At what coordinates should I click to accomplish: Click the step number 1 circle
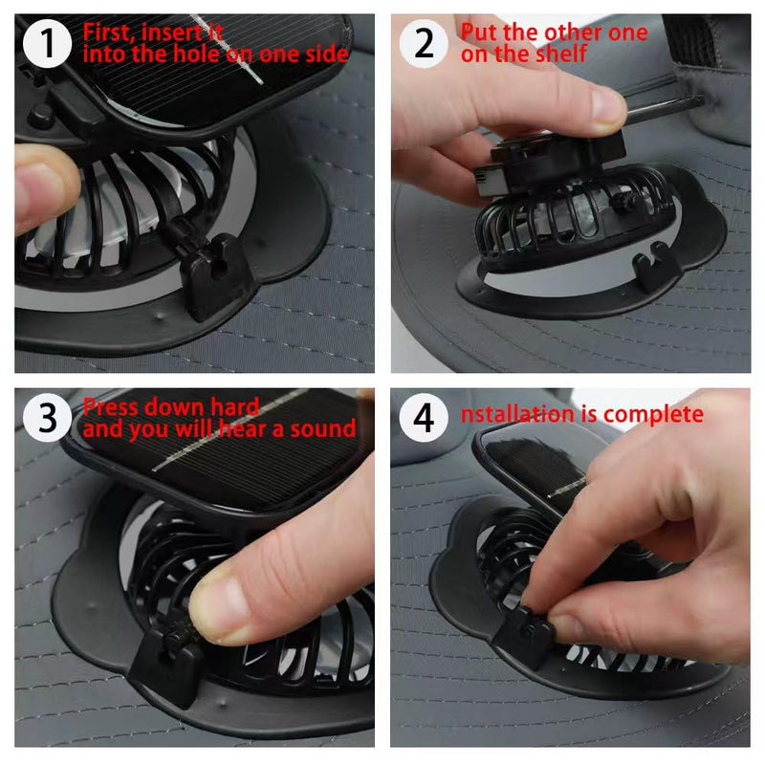coord(47,44)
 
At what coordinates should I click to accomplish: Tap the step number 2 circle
coord(424,44)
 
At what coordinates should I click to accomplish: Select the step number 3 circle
coord(47,418)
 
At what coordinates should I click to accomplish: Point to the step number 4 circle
coord(424,418)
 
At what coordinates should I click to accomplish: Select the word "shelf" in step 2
coord(559,54)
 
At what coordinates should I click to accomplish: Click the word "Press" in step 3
coord(112,407)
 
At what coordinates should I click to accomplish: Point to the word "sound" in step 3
coord(323,428)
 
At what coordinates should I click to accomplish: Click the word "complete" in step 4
coord(653,415)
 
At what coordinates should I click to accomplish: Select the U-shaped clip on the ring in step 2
coord(656,266)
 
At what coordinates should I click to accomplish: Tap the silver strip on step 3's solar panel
coord(229,429)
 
